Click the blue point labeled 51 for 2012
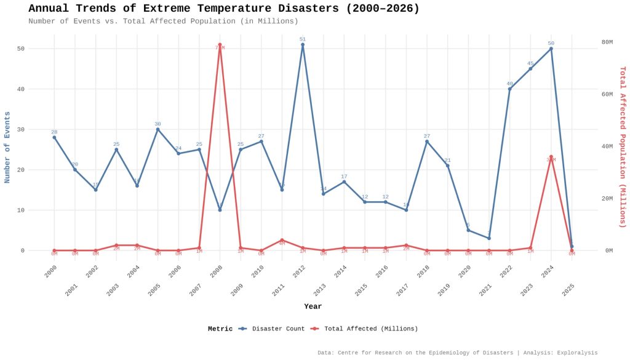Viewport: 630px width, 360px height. pos(303,44)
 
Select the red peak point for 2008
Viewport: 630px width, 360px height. pos(220,44)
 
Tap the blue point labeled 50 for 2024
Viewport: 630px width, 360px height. pos(551,49)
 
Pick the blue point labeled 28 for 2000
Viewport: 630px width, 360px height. pos(54,137)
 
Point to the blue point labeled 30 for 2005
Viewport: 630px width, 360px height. pos(157,129)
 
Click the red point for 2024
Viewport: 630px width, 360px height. pos(551,157)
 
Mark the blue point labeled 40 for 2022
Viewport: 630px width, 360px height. pos(509,89)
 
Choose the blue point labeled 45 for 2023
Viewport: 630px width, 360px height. pos(530,68)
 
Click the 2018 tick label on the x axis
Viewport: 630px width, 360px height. pos(423,272)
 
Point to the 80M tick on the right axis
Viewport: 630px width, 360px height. pos(607,42)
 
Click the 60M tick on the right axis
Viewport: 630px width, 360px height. pos(607,94)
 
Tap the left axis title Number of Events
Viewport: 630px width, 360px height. pos(7,148)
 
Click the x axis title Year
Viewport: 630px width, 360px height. pos(313,306)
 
